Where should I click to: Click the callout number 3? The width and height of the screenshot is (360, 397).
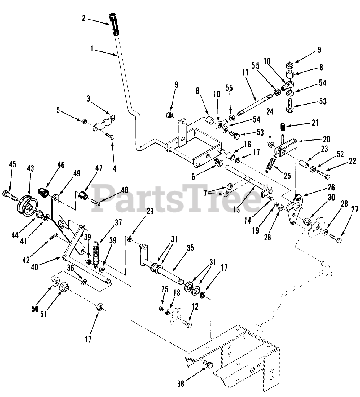[89, 99]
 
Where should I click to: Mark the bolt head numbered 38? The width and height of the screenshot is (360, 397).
[208, 365]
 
